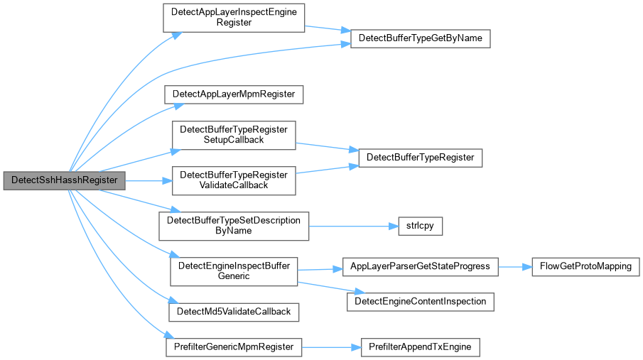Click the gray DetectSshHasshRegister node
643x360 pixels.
coord(65,180)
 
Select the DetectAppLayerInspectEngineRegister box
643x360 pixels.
coord(234,18)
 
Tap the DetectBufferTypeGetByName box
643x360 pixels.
coord(421,38)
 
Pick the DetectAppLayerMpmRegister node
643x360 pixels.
coord(234,94)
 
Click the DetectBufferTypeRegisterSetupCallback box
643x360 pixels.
coord(234,135)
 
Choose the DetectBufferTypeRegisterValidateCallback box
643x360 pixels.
coord(234,180)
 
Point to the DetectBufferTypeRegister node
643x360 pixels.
coord(421,158)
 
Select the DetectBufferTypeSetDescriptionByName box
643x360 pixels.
coord(234,226)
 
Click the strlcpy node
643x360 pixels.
coord(421,226)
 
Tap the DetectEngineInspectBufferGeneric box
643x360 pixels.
coord(234,271)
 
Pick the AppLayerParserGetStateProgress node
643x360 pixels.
coord(421,266)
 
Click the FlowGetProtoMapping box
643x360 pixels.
coord(585,266)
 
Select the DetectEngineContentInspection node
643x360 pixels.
coord(421,302)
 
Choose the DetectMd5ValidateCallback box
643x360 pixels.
coord(234,312)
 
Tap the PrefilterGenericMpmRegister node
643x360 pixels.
coord(234,347)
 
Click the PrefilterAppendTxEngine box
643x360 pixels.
coord(421,347)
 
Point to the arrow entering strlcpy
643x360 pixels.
coord(354,226)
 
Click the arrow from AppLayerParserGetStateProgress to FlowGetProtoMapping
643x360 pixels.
coord(515,266)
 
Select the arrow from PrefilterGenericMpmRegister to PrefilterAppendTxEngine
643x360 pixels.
coord(331,347)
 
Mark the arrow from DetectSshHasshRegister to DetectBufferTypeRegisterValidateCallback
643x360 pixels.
coord(148,180)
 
